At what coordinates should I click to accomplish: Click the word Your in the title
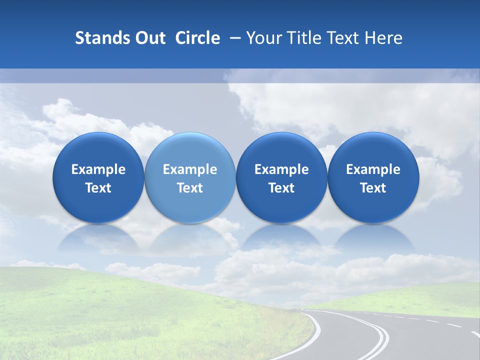(x=262, y=38)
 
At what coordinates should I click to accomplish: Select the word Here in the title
(x=383, y=38)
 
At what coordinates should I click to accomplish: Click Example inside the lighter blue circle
(x=190, y=169)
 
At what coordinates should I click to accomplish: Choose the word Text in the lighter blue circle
(x=190, y=188)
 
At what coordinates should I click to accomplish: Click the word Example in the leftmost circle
(x=98, y=169)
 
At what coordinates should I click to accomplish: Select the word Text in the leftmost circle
(x=98, y=188)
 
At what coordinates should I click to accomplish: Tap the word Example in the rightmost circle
(x=373, y=169)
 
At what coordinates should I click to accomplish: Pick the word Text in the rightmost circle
(x=373, y=188)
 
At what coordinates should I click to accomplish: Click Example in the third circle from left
(x=281, y=169)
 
